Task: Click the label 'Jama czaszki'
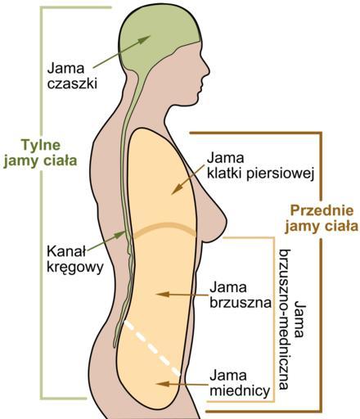[72, 76]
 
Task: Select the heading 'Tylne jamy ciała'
[40, 153]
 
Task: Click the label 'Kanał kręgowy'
[75, 259]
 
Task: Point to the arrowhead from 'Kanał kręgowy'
[119, 235]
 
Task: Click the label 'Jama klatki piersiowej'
[260, 166]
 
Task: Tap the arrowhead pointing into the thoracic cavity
[177, 189]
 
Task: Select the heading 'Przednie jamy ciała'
[322, 219]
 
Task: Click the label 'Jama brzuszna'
[241, 295]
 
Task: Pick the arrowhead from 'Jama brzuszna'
[162, 295]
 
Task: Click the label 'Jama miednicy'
[240, 384]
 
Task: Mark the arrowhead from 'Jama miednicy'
[162, 384]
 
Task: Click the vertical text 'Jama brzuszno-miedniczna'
[292, 319]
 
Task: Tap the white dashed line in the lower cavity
[152, 349]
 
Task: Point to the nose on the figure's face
[205, 69]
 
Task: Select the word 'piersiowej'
[281, 173]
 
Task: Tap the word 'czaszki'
[72, 83]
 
